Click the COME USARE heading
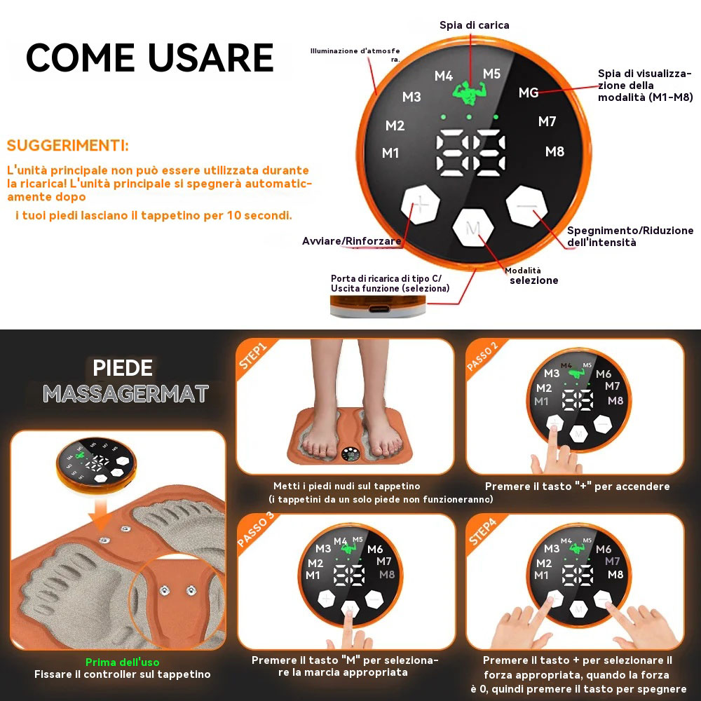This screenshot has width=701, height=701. tap(150, 57)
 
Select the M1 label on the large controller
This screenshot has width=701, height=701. tap(390, 154)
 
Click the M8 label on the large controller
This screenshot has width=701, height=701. tap(554, 151)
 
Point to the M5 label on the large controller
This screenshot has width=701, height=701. tap(492, 74)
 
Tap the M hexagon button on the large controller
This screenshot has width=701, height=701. tap(473, 227)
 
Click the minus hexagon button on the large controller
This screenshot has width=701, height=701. tap(526, 206)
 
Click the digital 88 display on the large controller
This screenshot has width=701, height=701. tap(471, 152)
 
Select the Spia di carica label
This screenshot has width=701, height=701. tap(475, 25)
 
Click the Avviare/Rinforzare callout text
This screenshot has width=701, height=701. tap(351, 241)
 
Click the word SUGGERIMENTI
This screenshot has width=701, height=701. tap(67, 145)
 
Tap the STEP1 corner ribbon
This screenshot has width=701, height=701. tap(253, 356)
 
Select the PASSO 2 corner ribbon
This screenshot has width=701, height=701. tap(482, 356)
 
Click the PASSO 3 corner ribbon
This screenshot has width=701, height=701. tap(255, 530)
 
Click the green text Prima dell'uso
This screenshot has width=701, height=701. tap(122, 662)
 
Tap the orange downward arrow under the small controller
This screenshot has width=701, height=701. tap(100, 515)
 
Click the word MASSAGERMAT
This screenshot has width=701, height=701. tap(125, 393)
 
